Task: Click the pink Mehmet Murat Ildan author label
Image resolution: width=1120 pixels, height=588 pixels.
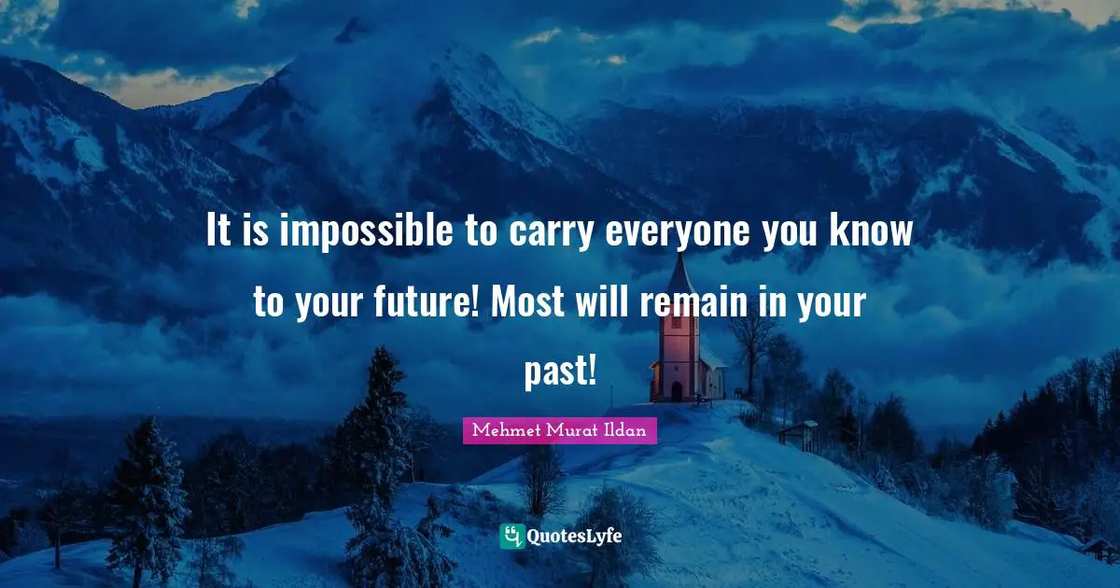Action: [560, 430]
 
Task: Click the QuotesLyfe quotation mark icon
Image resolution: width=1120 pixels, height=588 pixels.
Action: [511, 536]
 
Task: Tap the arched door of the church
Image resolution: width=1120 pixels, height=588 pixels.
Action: [677, 391]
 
